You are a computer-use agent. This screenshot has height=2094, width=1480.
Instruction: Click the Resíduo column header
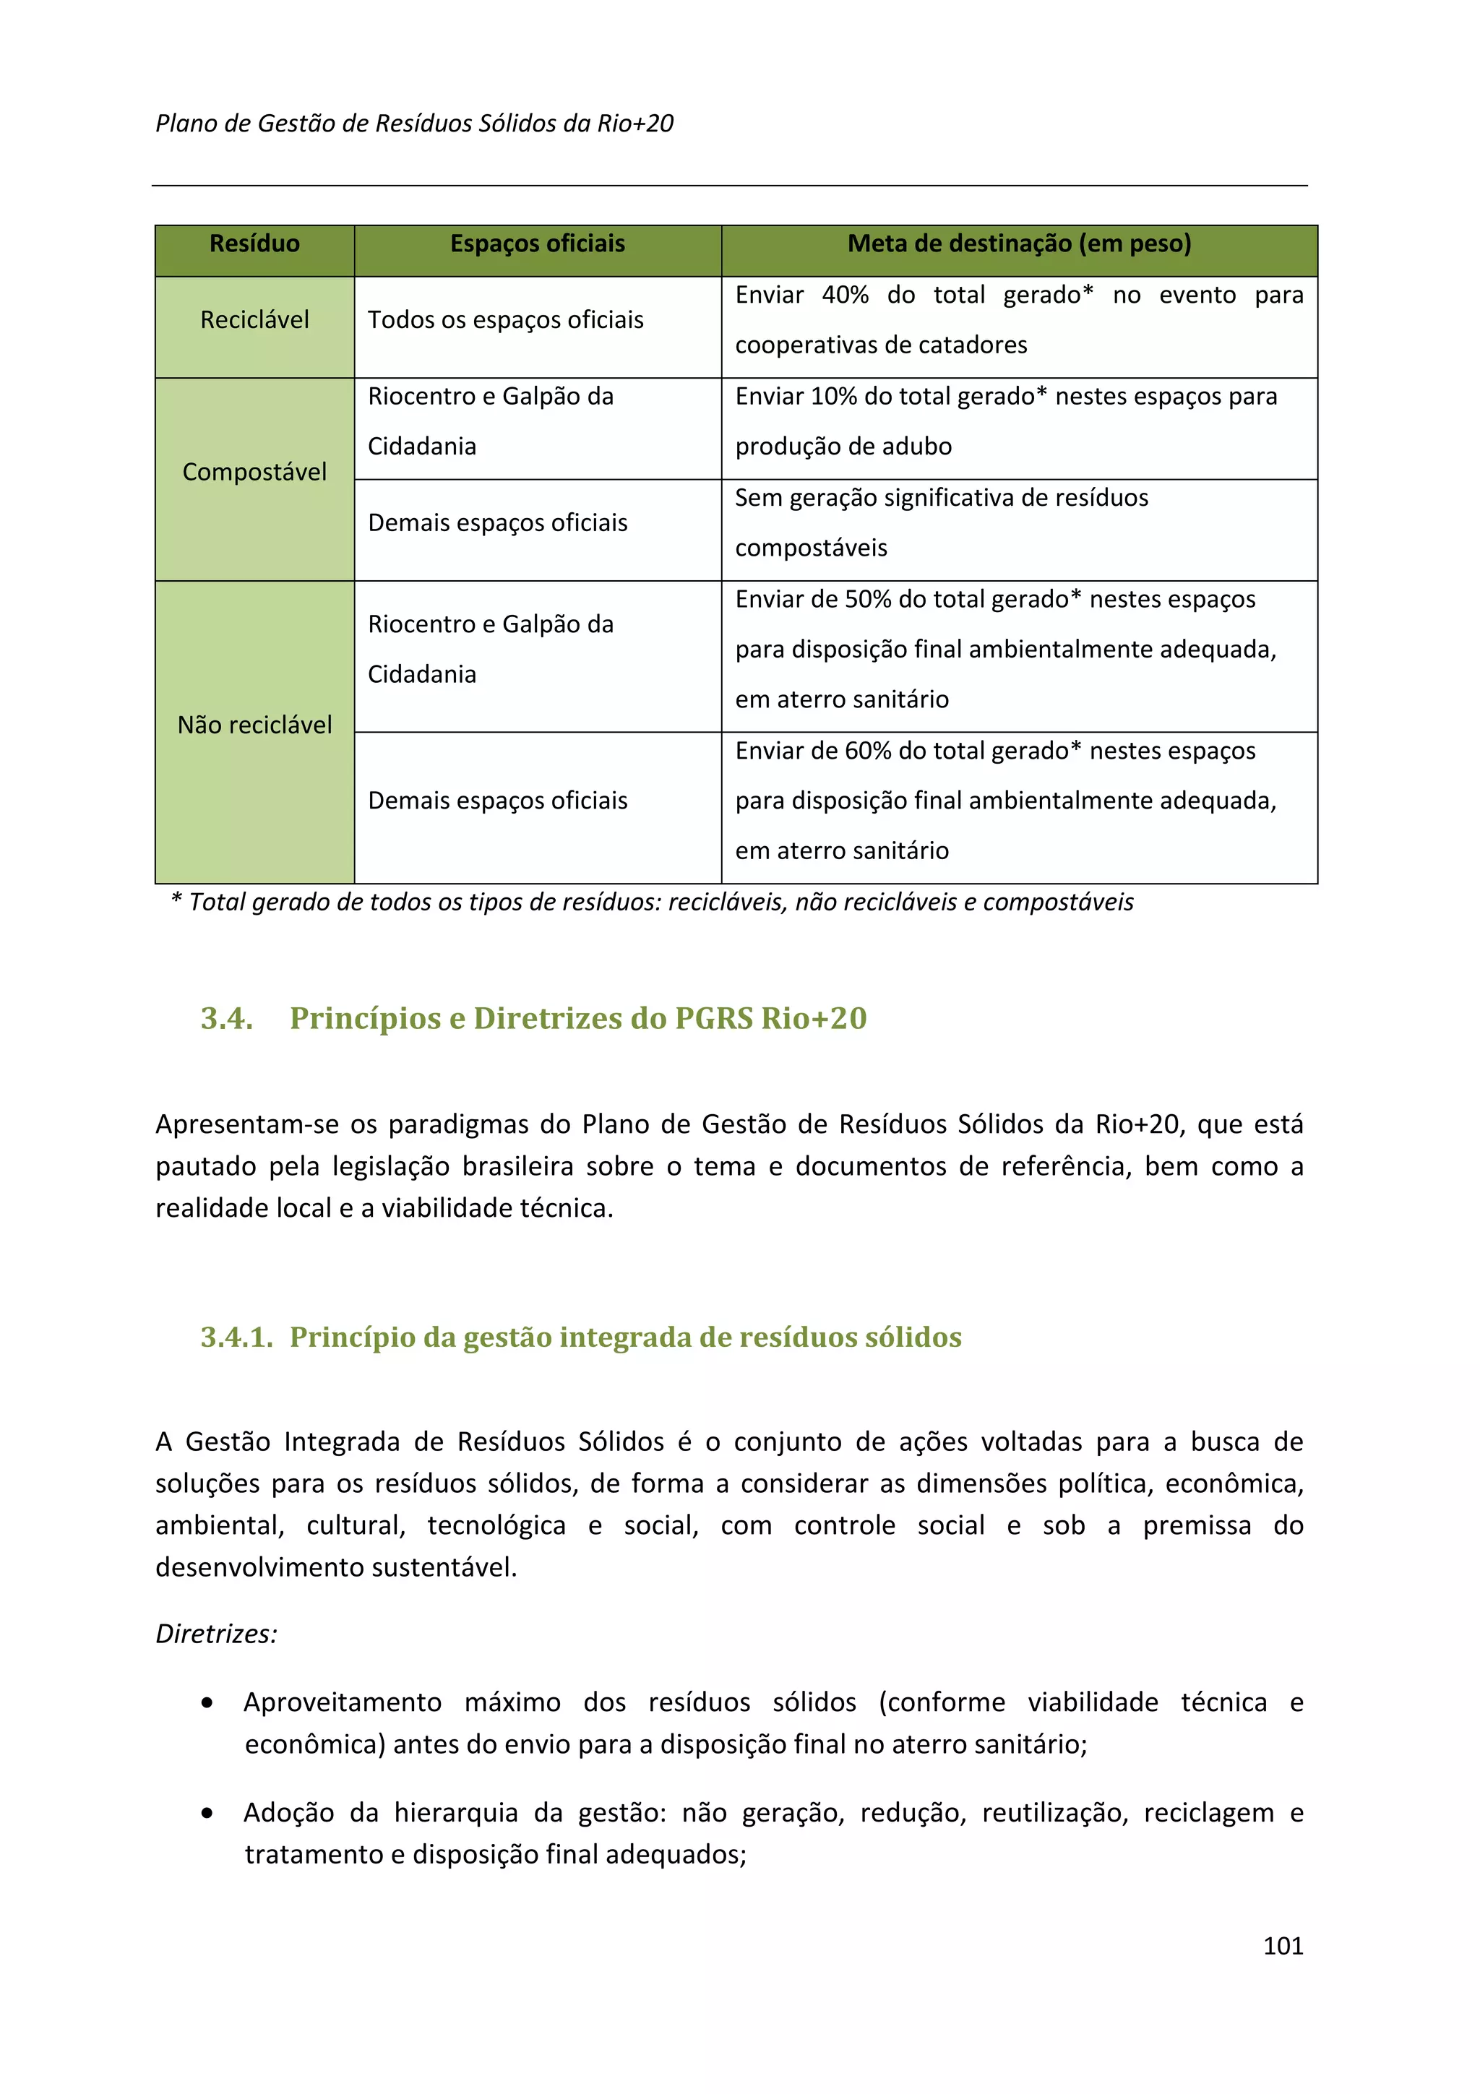click(254, 244)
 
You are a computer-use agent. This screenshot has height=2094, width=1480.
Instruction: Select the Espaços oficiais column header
click(537, 244)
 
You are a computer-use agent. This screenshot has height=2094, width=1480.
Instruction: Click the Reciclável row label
click(254, 319)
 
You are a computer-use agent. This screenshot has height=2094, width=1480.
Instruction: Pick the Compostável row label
click(254, 472)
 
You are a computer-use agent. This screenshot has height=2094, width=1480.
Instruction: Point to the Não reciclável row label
click(254, 725)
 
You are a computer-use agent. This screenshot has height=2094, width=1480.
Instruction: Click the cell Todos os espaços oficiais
click(505, 319)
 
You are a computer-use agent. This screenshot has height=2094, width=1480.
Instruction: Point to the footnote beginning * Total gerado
click(652, 902)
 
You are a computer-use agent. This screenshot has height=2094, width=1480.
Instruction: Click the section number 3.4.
click(226, 1018)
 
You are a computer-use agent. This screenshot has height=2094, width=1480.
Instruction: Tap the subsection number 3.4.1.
click(236, 1337)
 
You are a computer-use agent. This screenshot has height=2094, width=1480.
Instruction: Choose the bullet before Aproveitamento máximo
click(208, 1703)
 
